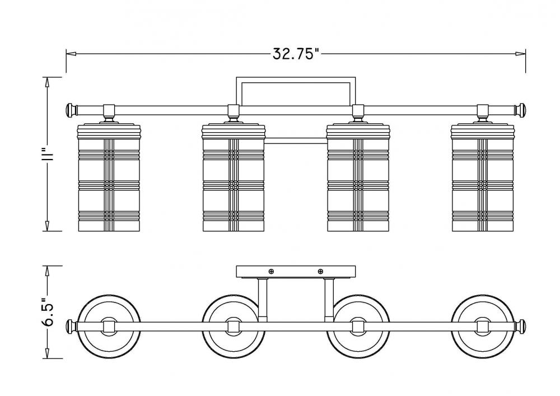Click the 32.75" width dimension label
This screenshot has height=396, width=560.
point(296,54)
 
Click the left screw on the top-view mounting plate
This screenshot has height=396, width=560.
point(272,272)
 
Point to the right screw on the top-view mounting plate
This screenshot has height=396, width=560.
point(320,272)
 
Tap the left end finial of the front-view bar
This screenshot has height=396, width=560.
point(71,109)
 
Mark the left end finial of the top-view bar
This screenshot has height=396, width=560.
point(71,325)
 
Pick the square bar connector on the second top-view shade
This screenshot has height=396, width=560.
point(234,325)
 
